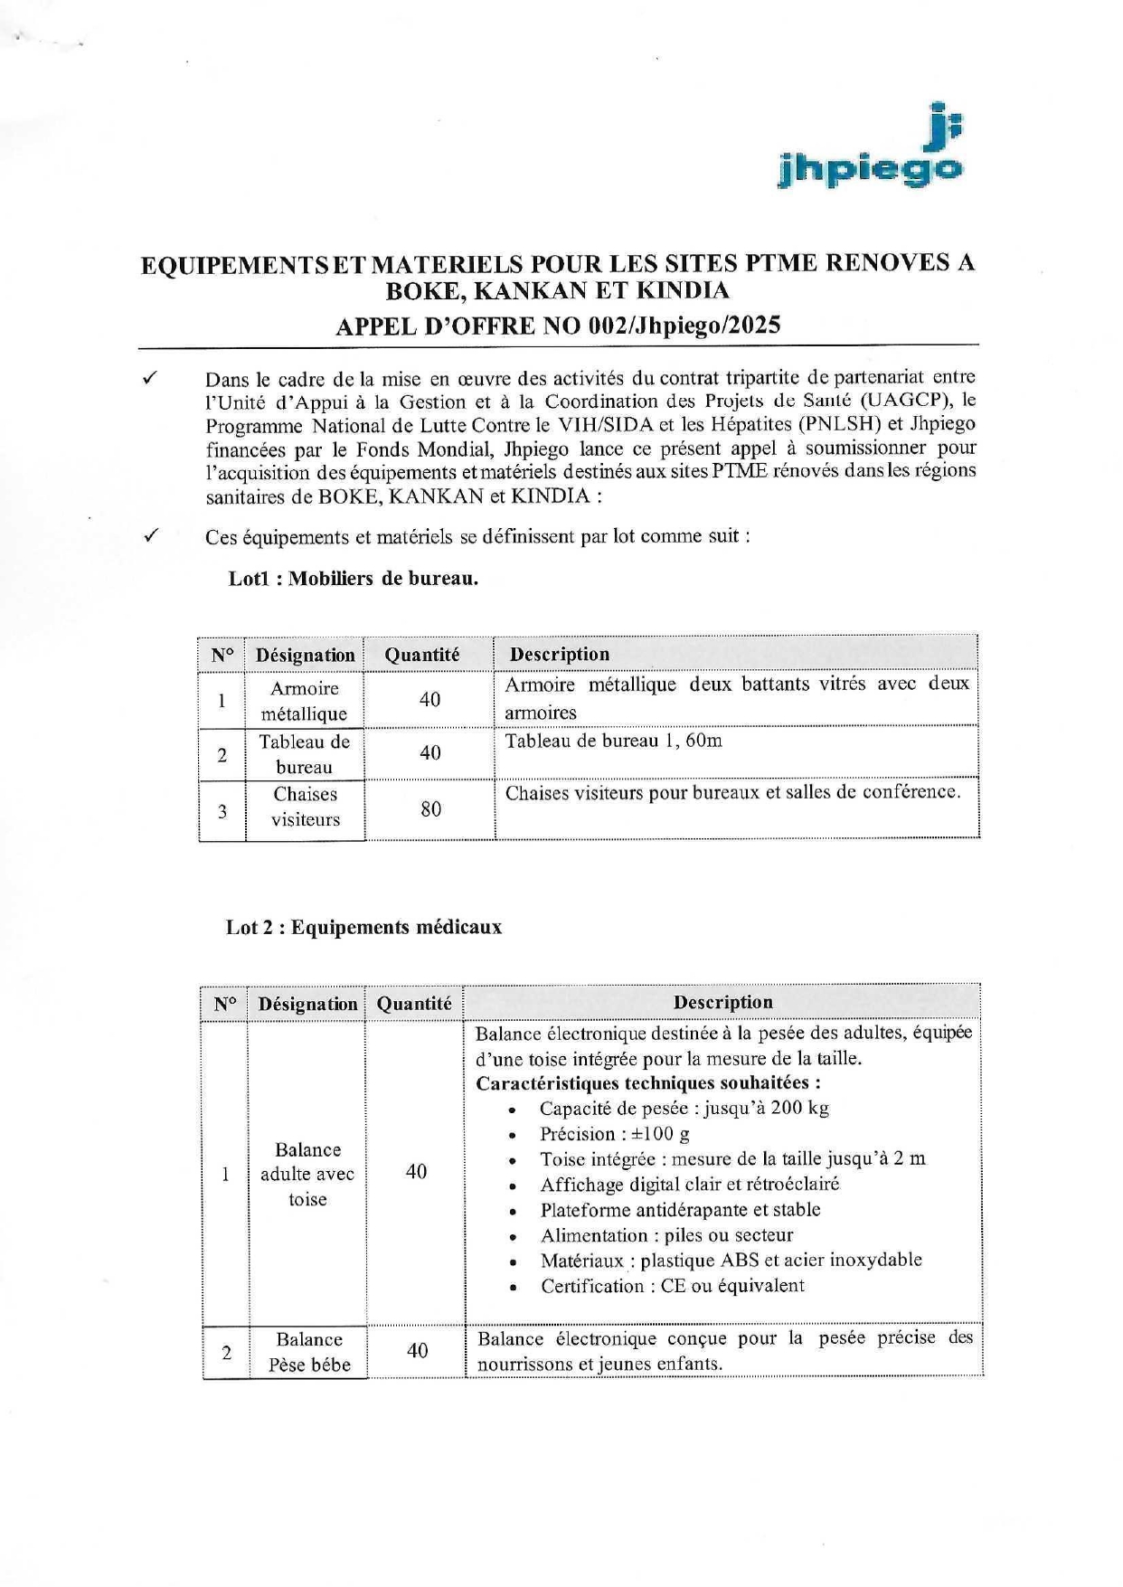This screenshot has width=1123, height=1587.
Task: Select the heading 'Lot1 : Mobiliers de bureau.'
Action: [354, 579]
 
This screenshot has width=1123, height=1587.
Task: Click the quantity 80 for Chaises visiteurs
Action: [430, 809]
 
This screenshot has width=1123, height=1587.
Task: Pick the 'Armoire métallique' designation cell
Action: [305, 701]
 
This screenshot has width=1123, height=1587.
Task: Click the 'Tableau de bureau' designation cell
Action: [305, 754]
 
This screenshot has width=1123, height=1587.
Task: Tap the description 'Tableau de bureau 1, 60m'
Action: [613, 742]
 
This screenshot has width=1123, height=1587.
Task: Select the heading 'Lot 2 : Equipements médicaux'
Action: [363, 928]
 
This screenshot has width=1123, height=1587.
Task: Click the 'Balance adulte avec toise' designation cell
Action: [307, 1175]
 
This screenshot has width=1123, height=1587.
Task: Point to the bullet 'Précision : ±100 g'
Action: [614, 1134]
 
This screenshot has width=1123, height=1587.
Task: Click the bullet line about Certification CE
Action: [672, 1286]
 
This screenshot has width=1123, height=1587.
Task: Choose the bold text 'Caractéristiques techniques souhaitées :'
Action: [648, 1083]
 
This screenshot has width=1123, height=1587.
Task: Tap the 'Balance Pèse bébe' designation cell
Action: [309, 1352]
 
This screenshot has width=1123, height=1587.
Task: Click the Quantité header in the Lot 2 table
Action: [414, 1004]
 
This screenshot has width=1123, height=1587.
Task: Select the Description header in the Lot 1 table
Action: [560, 654]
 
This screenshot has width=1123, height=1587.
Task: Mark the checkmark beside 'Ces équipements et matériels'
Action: [152, 535]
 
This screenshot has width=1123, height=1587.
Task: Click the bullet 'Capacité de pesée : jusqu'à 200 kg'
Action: [684, 1109]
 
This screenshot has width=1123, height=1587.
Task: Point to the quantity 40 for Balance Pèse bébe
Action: [417, 1351]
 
